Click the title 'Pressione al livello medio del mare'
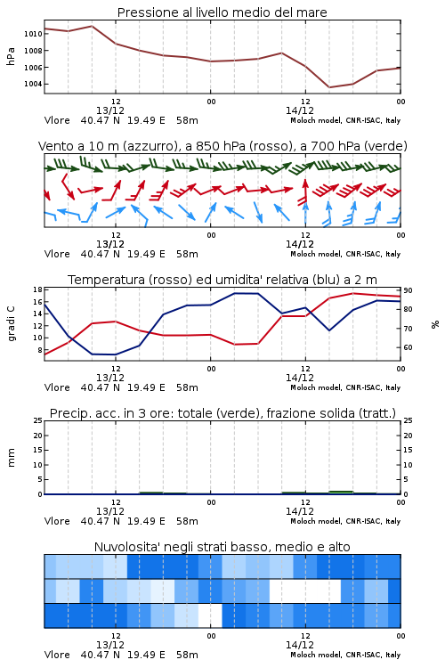(222, 12)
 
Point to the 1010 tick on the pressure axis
(33, 34)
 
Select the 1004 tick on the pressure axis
(33, 84)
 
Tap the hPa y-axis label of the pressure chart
(11, 56)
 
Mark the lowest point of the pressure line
(329, 87)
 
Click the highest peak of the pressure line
(92, 26)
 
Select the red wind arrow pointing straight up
(305, 192)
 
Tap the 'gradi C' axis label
(11, 324)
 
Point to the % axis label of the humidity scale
(435, 324)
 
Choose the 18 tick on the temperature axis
(37, 289)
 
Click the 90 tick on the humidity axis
(408, 290)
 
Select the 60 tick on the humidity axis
(408, 347)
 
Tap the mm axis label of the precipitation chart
(11, 458)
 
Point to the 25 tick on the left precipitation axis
(37, 420)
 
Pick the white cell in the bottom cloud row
(210, 615)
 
